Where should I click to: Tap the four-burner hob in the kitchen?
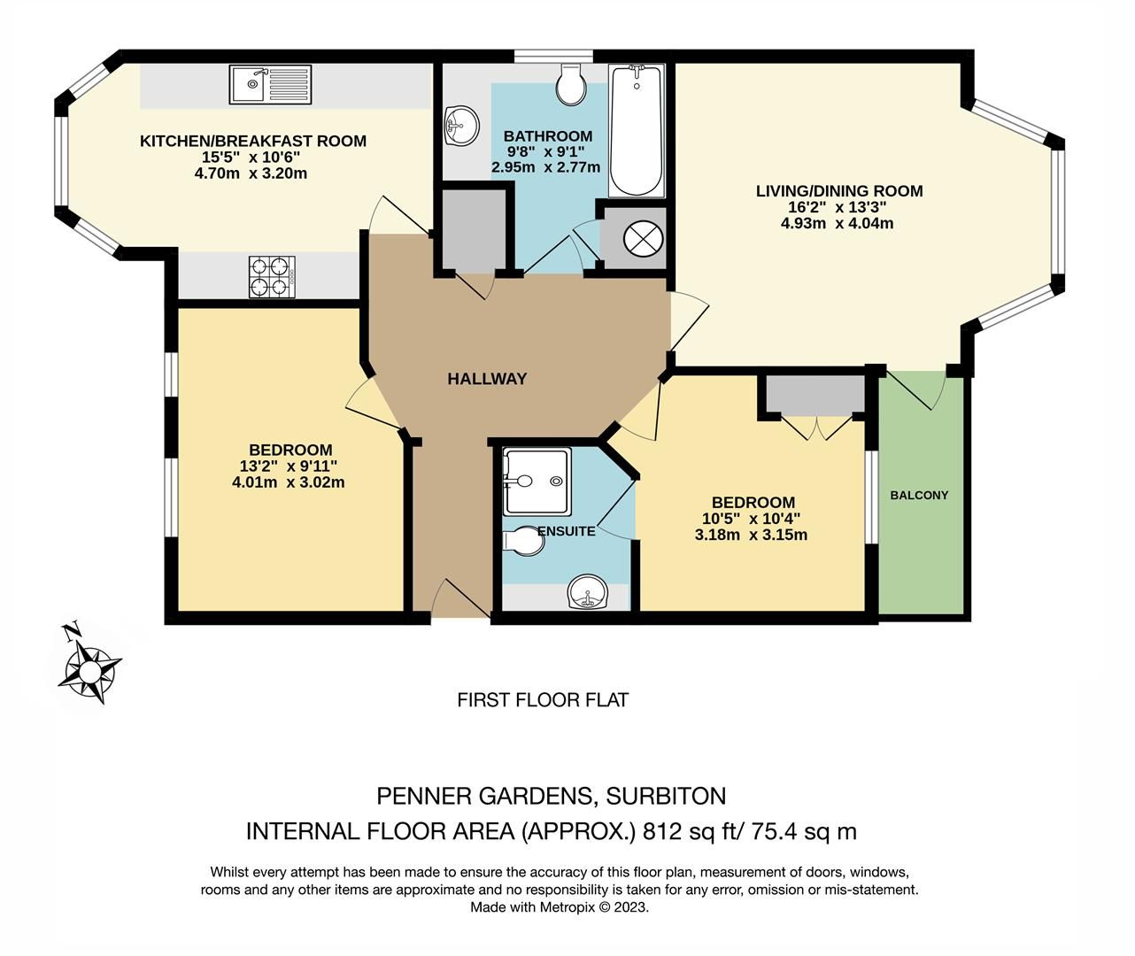pyautogui.click(x=272, y=276)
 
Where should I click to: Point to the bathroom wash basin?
pyautogui.click(x=460, y=125)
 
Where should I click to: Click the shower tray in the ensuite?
pyautogui.click(x=537, y=482)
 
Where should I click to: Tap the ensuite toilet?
pyautogui.click(x=524, y=542)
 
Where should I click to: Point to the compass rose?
pyautogui.click(x=89, y=663)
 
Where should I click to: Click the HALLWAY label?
pyautogui.click(x=487, y=379)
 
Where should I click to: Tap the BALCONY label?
pyautogui.click(x=919, y=495)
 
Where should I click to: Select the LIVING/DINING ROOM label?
pyautogui.click(x=838, y=190)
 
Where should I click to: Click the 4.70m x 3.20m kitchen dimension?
pyautogui.click(x=251, y=173)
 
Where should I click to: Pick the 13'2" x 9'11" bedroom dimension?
pyautogui.click(x=289, y=466)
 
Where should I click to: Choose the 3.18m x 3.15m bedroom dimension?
pyautogui.click(x=751, y=535)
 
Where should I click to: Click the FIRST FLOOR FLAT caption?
pyautogui.click(x=543, y=700)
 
